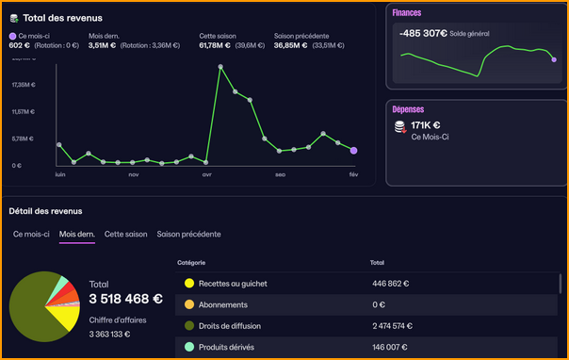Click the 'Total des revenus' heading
coord(62,18)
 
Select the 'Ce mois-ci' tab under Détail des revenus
coord(30,234)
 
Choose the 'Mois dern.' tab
coord(76,234)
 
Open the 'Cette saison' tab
coord(125,234)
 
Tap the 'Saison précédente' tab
coord(188,234)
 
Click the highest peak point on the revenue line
coord(220,67)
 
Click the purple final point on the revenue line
coord(353,150)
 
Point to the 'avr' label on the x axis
coord(206,174)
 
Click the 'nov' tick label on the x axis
coord(133,174)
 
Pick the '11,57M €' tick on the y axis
coord(23,112)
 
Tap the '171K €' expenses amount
coord(426,124)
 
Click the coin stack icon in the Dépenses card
coord(399,126)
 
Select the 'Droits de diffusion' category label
coord(230,325)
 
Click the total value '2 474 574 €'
coord(399,325)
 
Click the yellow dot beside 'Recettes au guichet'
coord(189,283)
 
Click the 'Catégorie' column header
coord(190,262)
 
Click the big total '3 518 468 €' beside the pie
coord(125,300)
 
